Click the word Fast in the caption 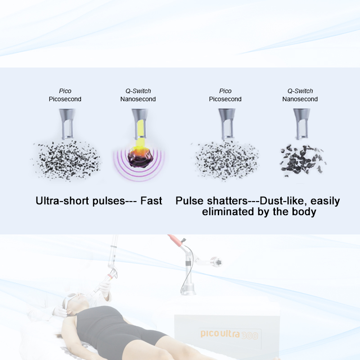pyautogui.click(x=151, y=201)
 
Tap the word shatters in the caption pyautogui.click(x=228, y=201)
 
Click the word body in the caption pyautogui.click(x=304, y=212)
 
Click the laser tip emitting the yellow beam pyautogui.click(x=139, y=124)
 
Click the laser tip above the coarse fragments pyautogui.click(x=301, y=124)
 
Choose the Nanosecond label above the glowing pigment pyautogui.click(x=138, y=99)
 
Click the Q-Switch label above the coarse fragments pyautogui.click(x=300, y=91)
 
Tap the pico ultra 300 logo pyautogui.click(x=229, y=334)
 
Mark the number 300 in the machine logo pyautogui.click(x=250, y=335)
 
